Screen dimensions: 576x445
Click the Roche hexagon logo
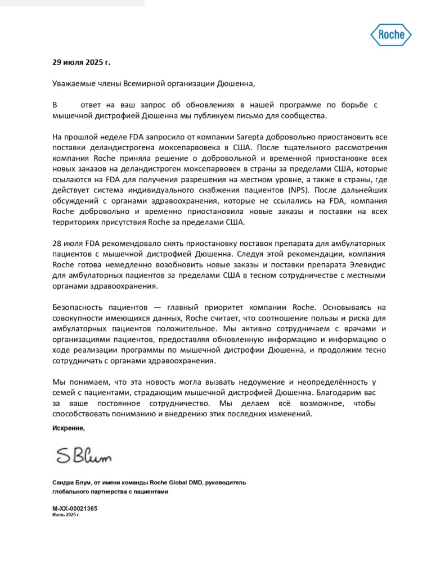point(390,35)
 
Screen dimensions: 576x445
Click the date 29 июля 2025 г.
point(82,62)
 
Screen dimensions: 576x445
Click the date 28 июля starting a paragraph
point(68,243)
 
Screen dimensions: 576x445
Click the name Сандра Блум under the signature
point(71,483)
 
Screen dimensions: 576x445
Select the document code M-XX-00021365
point(75,508)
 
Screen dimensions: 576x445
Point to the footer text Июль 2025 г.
point(66,515)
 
